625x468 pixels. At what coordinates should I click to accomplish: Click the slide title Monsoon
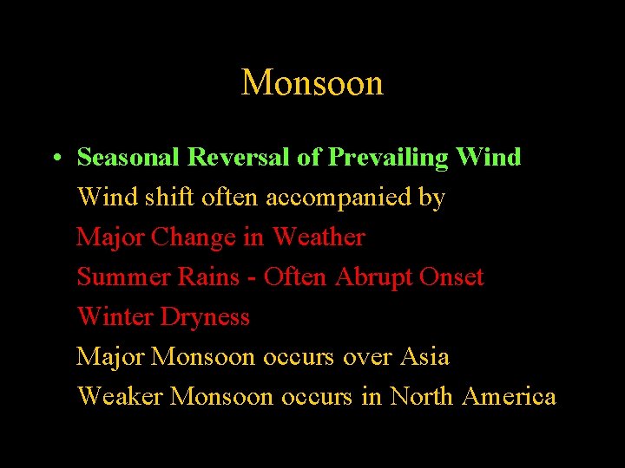(312, 83)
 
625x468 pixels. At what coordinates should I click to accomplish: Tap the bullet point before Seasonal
(55, 159)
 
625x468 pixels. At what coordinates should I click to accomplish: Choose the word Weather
(319, 237)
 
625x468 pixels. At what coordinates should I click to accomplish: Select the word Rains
(207, 277)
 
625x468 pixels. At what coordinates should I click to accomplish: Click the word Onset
(451, 277)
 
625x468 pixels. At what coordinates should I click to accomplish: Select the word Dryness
(206, 318)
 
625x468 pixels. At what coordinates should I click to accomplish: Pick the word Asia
(425, 356)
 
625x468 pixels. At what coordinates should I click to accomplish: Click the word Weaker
(121, 396)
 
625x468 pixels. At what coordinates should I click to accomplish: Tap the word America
(510, 396)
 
